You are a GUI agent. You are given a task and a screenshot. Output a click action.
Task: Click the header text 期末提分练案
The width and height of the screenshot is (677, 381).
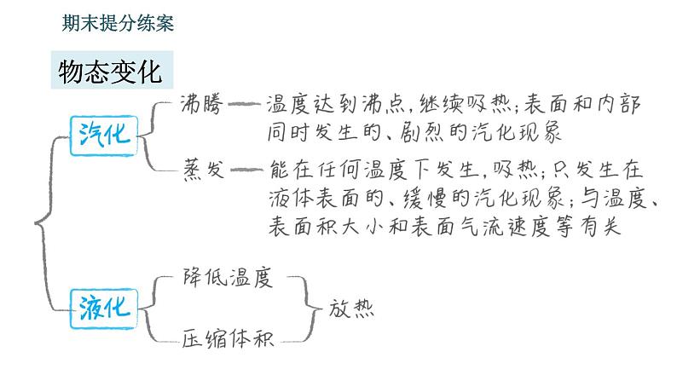click(x=118, y=23)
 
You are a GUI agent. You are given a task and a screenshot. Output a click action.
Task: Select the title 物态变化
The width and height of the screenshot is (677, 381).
click(x=111, y=72)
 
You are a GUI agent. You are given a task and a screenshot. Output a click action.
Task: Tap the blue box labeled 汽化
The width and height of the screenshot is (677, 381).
click(x=104, y=136)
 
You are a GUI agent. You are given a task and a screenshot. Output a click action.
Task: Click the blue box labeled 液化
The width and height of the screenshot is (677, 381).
click(x=104, y=309)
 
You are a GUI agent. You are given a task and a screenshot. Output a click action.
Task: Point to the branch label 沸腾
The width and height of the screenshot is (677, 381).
click(x=202, y=103)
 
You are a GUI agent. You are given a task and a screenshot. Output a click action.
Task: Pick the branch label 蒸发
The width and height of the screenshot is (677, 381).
click(x=204, y=169)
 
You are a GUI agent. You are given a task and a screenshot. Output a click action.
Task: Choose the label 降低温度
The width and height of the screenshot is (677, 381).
click(x=228, y=277)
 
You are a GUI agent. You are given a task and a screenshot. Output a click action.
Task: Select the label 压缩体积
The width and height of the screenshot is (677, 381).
click(x=228, y=338)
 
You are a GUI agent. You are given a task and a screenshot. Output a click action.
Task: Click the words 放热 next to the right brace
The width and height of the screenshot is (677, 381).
click(x=351, y=309)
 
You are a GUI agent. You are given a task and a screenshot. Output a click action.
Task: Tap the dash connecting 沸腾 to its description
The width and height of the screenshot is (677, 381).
click(x=244, y=104)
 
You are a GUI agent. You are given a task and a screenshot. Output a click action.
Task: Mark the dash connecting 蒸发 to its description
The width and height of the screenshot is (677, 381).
click(x=246, y=170)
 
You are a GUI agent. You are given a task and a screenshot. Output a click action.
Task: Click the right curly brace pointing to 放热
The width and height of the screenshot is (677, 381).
click(x=308, y=309)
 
